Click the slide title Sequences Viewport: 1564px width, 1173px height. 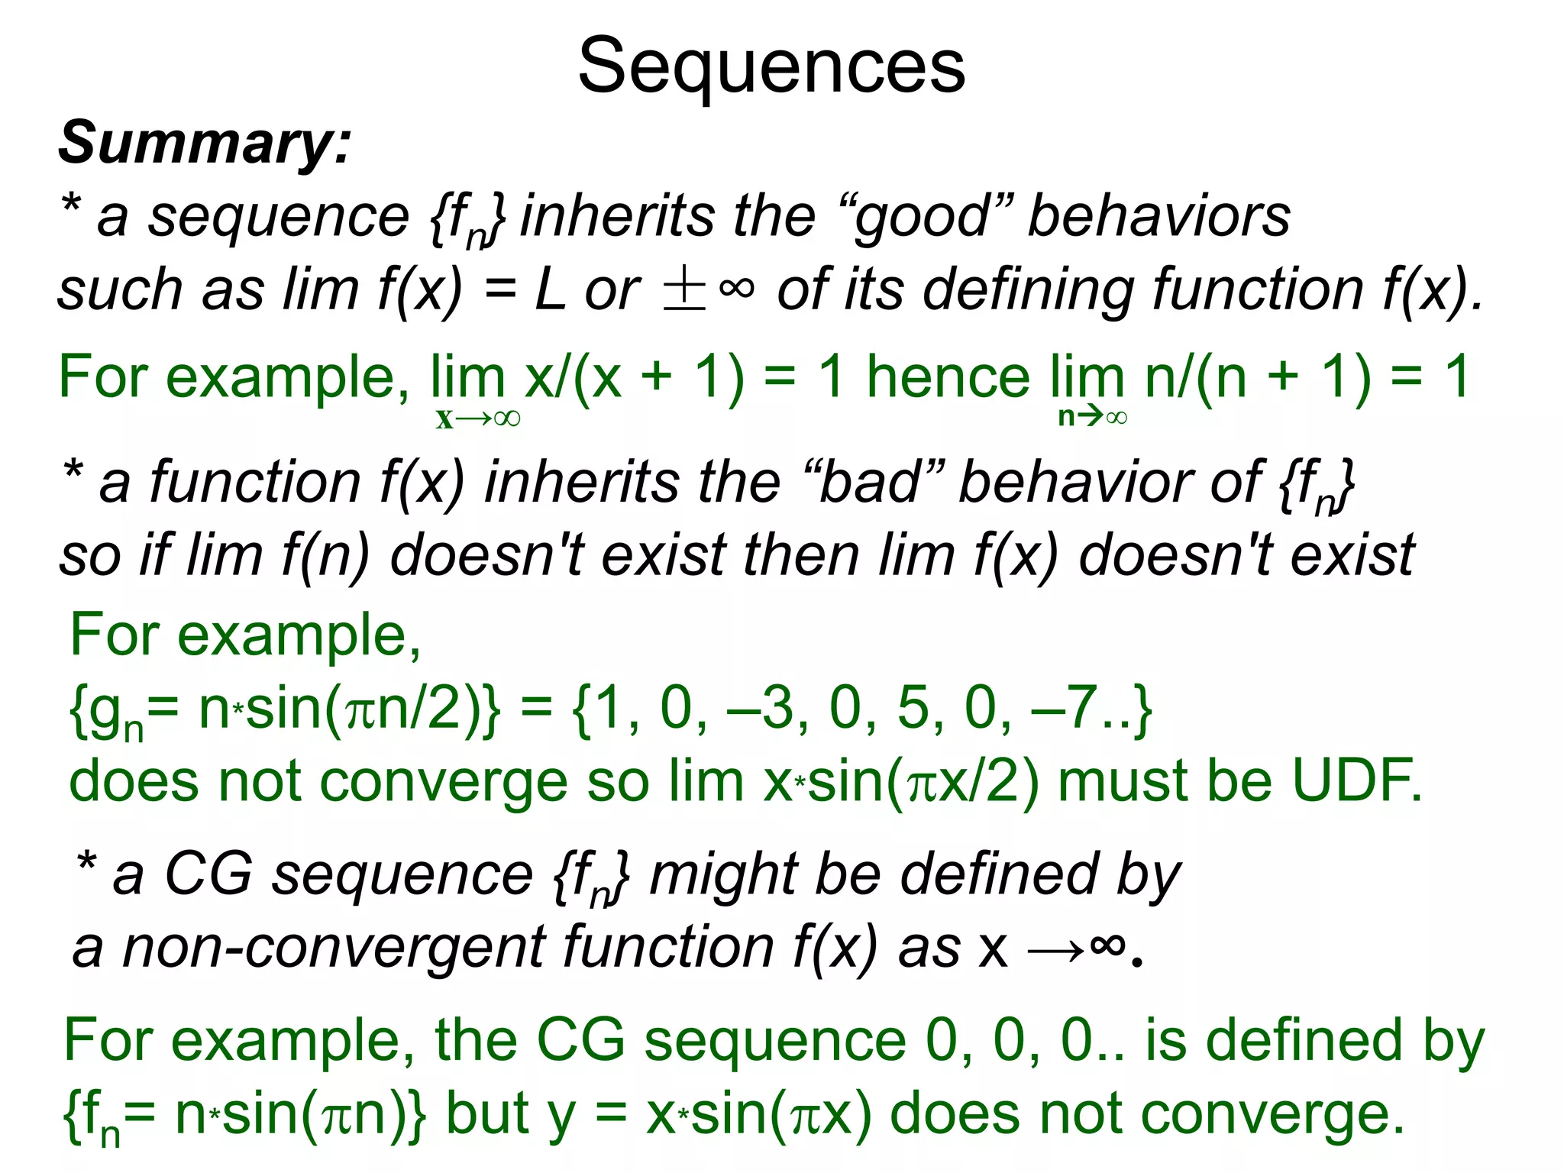771,67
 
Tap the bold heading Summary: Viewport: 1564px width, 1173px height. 205,144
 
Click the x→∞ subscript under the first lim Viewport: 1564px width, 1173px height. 478,418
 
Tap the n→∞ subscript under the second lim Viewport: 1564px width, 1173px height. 1092,417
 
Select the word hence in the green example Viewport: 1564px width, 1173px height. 948,377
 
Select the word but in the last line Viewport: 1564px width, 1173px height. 488,1113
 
